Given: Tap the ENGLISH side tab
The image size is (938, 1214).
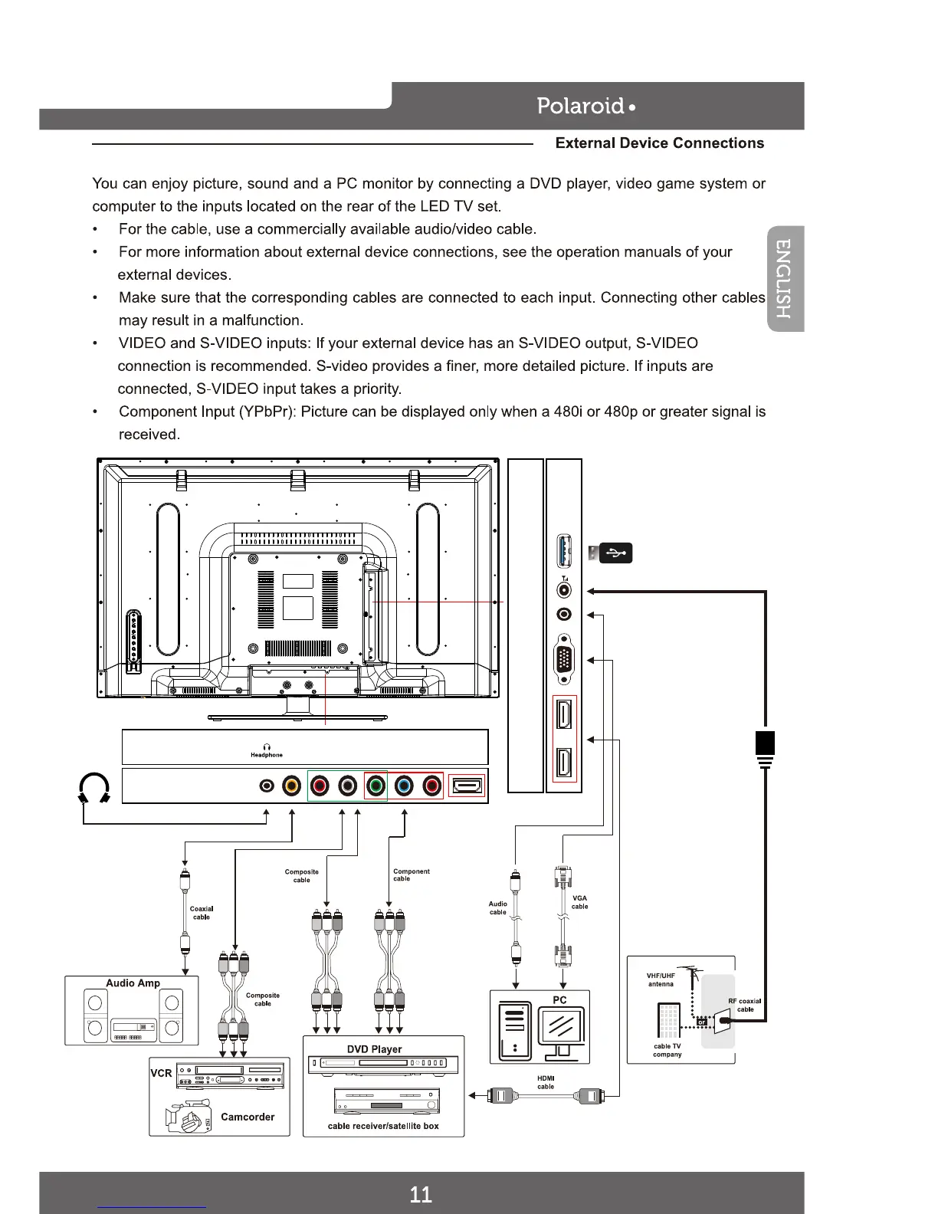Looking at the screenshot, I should (x=785, y=279).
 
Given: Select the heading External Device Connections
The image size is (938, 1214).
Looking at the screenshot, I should (x=659, y=143).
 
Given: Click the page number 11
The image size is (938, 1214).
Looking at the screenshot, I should (x=421, y=1194).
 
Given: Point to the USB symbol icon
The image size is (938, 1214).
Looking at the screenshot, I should (x=615, y=553).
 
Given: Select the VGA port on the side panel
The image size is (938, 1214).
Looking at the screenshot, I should (x=565, y=658).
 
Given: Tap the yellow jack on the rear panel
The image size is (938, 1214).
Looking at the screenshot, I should (x=291, y=786).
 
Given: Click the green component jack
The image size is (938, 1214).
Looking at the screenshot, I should (x=375, y=786).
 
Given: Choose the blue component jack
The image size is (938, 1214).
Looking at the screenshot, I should (x=404, y=786).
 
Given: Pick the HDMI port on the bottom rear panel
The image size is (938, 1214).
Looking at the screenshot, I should (x=466, y=786).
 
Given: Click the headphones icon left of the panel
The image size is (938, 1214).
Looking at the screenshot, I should (x=94, y=788).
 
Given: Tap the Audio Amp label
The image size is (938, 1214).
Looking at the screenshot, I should (x=133, y=983).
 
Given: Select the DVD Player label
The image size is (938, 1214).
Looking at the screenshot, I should (x=374, y=1049).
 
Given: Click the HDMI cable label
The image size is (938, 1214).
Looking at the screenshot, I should (x=546, y=1082).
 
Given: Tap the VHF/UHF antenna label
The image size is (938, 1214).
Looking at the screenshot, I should (x=661, y=980).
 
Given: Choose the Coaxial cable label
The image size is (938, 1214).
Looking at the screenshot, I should (x=202, y=913).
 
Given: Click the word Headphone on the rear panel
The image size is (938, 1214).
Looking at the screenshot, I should (x=267, y=755).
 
